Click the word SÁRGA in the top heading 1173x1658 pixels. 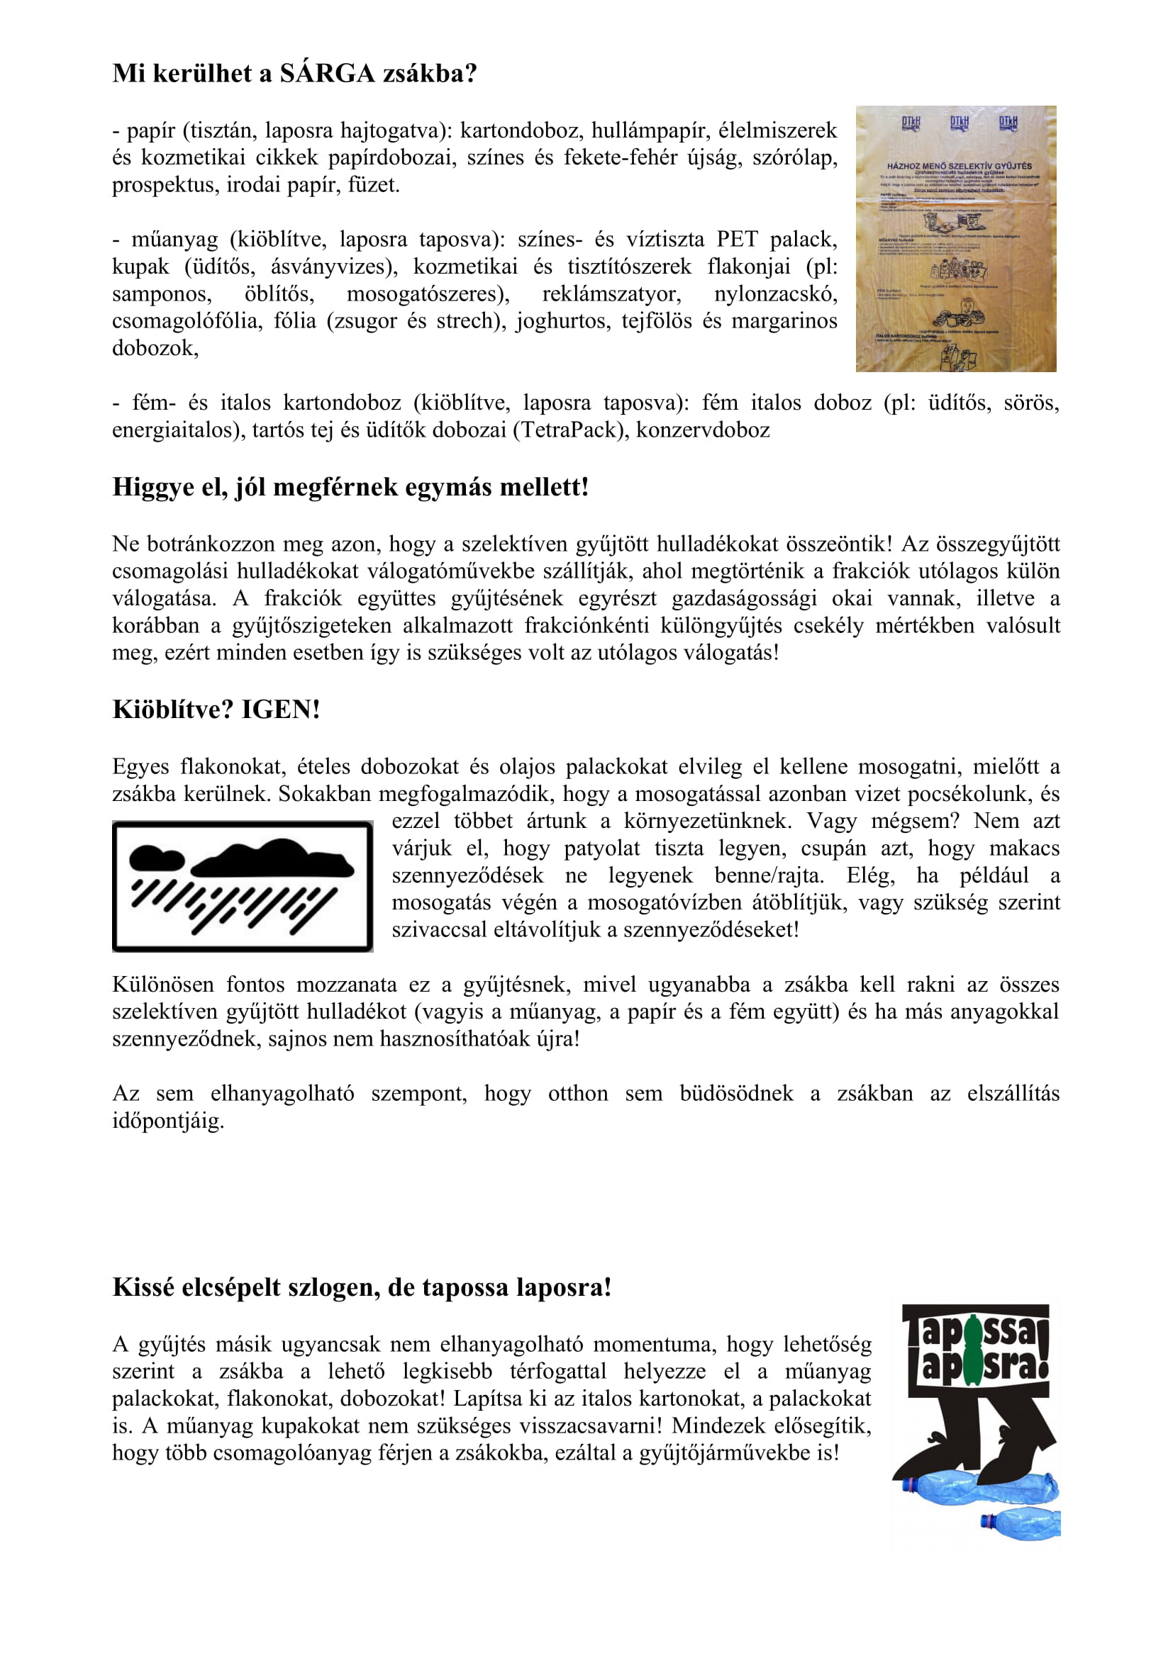(x=327, y=74)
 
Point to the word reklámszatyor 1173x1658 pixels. (x=611, y=294)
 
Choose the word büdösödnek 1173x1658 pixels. (x=736, y=1093)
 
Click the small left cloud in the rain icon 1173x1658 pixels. (x=156, y=858)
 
